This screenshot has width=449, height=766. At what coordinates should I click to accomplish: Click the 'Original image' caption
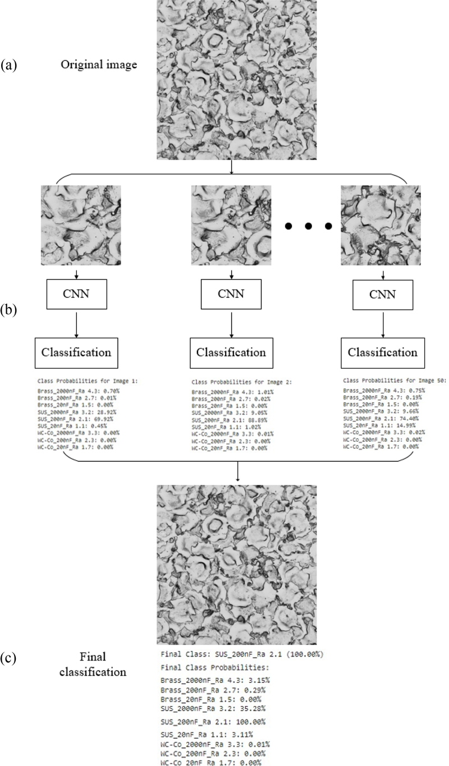(x=98, y=65)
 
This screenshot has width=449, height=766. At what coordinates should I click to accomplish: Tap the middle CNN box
(x=231, y=295)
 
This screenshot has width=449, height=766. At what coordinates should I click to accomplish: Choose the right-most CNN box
(x=383, y=295)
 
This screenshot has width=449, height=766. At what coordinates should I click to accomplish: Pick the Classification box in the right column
(x=383, y=352)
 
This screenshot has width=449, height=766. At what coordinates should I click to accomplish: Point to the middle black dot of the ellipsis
(x=308, y=227)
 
